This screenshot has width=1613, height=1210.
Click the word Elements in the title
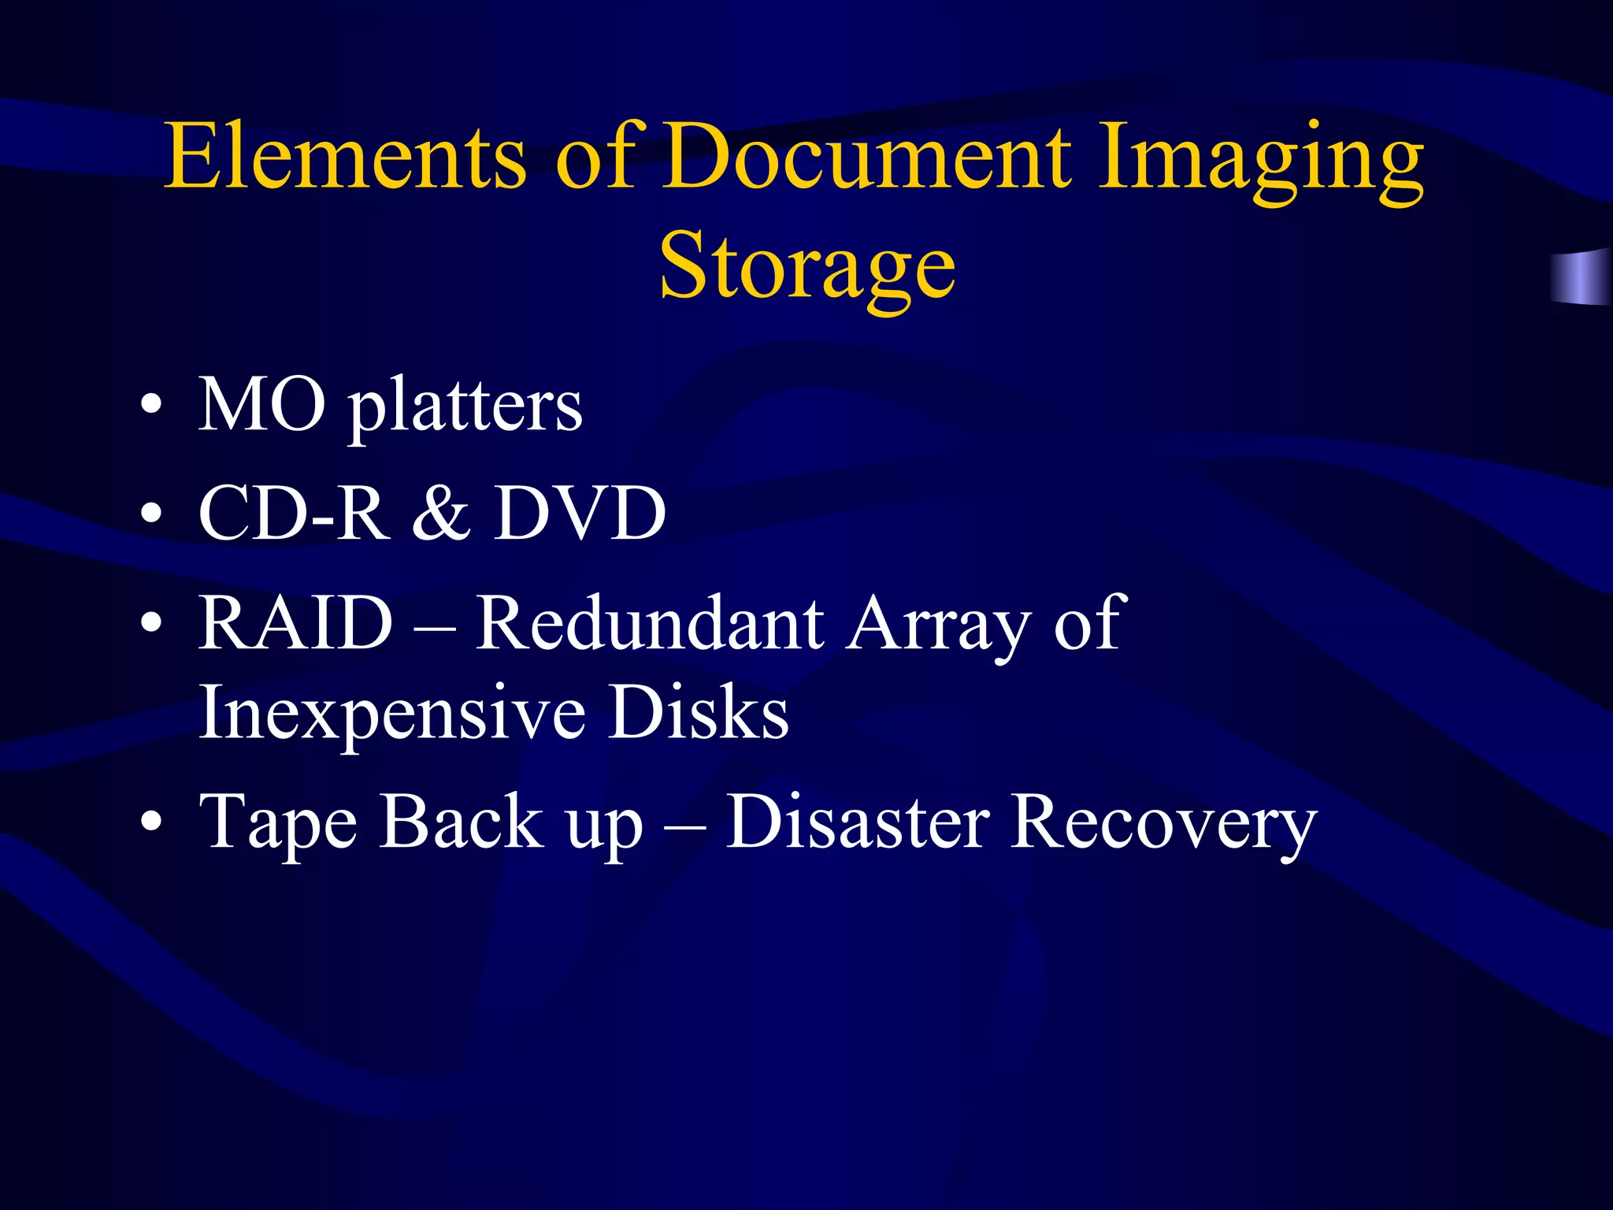click(x=345, y=157)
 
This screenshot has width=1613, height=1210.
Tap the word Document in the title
click(x=866, y=157)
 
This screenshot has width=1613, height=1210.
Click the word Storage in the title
click(x=807, y=268)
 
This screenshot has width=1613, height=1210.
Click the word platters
click(x=465, y=410)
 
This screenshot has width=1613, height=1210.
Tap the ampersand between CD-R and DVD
click(x=442, y=514)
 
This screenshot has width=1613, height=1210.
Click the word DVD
click(x=580, y=514)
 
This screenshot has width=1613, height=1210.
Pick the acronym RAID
click(x=295, y=623)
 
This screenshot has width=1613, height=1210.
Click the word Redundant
click(x=651, y=623)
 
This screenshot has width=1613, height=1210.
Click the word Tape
click(x=279, y=824)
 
